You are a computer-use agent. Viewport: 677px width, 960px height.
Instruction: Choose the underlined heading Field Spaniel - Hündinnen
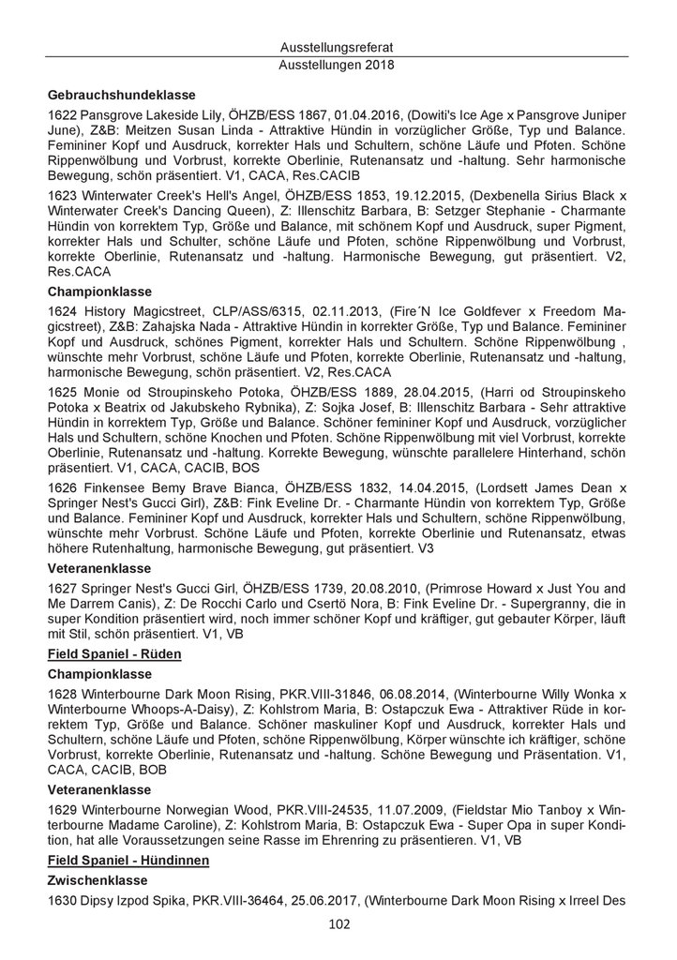128,860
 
